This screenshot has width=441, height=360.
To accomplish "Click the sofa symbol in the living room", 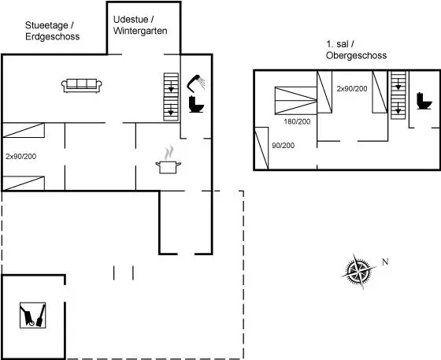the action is point(82,86).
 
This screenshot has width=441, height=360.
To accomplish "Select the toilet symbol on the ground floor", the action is point(196,104).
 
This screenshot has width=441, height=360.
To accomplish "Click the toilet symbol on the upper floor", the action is point(424,101).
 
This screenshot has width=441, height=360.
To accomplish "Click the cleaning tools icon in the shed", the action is point(32,315).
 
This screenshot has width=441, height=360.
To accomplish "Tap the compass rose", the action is point(358,271).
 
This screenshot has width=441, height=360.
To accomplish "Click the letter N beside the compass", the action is point(385,262).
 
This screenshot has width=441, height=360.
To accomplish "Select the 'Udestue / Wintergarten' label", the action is point(140,25).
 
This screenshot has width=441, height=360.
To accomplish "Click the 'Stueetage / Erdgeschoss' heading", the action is point(52,31).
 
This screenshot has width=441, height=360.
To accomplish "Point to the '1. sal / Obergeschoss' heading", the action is point(356,50).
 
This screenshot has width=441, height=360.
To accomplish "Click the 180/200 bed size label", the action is point(297,122).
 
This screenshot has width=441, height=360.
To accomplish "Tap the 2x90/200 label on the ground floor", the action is point(21,157).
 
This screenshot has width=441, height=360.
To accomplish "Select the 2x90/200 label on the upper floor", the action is point(352,89).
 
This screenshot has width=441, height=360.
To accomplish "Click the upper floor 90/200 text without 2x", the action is point(283,146).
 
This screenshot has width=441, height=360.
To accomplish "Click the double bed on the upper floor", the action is point(296,100).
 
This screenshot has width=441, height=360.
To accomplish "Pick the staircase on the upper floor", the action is point(398,95).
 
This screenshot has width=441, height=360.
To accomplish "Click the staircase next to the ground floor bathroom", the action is point(171,97).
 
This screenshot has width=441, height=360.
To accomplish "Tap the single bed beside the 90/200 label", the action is point(261,148).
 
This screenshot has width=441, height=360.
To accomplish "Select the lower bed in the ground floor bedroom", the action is point(24,184).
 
